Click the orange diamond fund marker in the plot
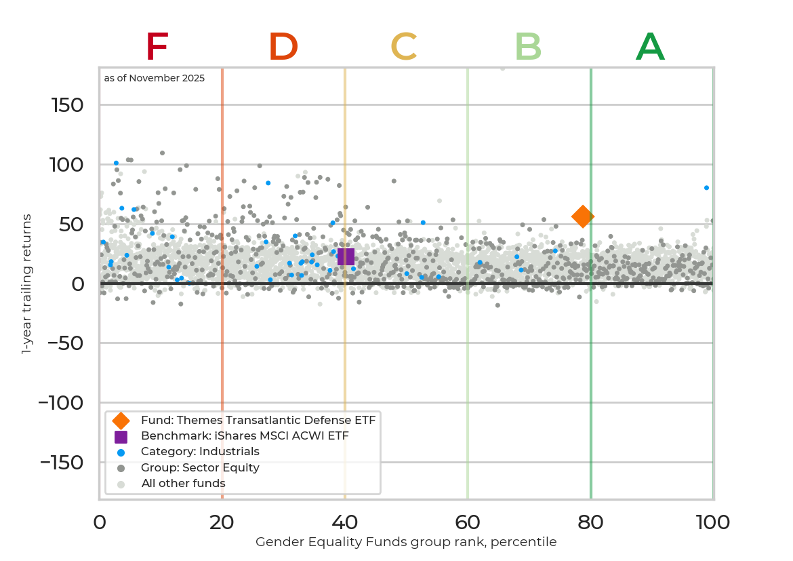[x=582, y=216]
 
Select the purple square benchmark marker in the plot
[x=346, y=256]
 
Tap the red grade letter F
[x=157, y=47]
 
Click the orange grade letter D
[x=283, y=47]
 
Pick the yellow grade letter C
[x=403, y=47]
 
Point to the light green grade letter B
[x=528, y=47]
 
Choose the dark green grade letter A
[x=650, y=47]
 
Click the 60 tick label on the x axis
[x=468, y=522]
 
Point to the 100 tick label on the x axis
[x=713, y=522]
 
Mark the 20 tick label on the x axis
[x=222, y=522]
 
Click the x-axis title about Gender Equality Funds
[x=406, y=542]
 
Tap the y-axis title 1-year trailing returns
[x=27, y=284]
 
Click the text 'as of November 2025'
[x=155, y=78]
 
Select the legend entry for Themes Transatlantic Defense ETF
[x=258, y=420]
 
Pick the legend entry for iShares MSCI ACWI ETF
[x=244, y=436]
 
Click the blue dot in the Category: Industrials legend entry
[x=121, y=452]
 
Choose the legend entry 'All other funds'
[x=183, y=484]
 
